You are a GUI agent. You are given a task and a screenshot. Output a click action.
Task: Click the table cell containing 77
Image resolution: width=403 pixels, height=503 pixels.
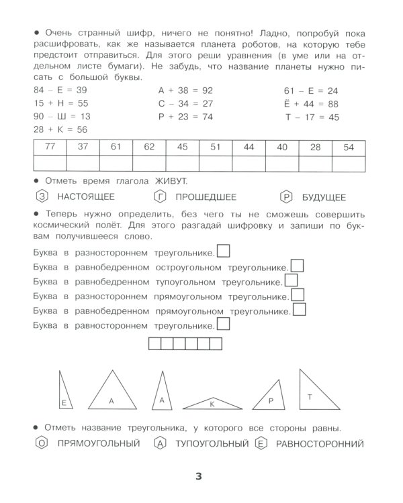click(x=49, y=148)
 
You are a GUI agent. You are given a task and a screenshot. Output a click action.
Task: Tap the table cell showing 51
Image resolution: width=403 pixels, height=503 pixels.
click(x=215, y=148)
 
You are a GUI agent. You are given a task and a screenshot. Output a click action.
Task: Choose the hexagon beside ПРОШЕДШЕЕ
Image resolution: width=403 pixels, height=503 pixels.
click(x=160, y=197)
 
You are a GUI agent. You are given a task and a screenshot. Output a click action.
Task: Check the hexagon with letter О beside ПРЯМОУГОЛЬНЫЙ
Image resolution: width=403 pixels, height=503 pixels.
click(x=41, y=443)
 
